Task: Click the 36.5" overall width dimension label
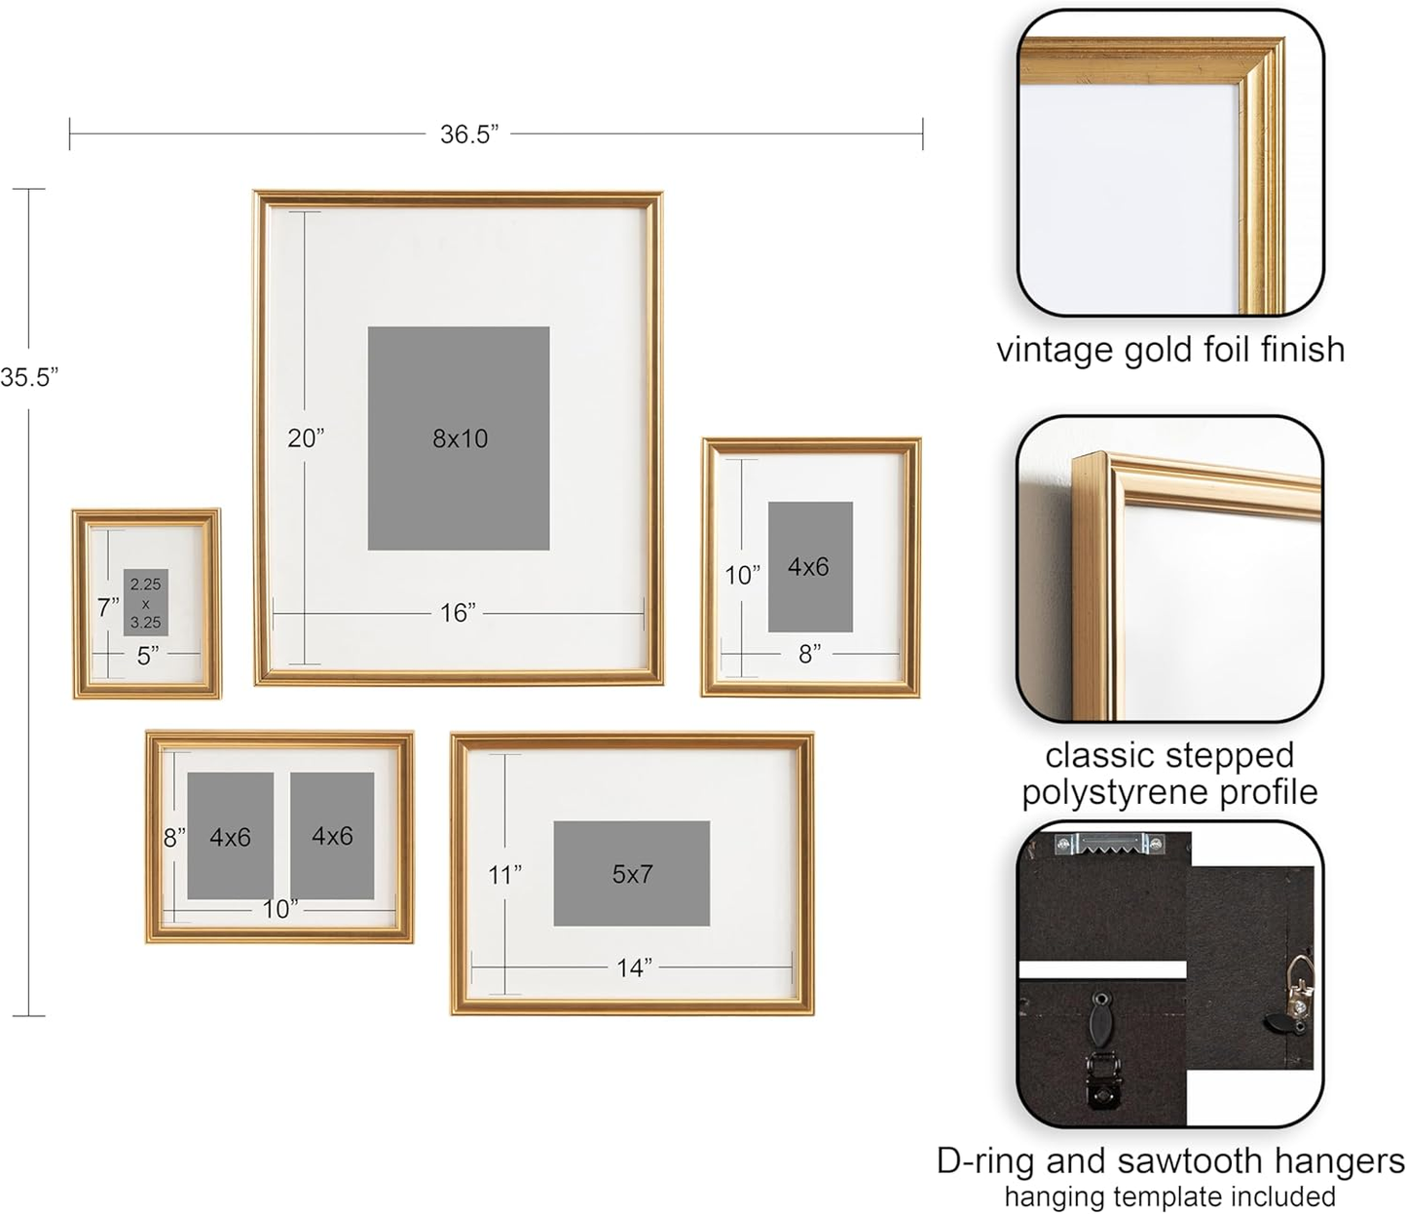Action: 468,134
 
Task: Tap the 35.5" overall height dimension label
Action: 29,378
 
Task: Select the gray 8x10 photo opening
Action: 459,438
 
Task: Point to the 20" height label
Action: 305,438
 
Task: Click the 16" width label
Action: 458,613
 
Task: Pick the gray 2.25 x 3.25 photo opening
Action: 146,602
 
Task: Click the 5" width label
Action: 148,656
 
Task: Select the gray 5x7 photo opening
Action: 632,874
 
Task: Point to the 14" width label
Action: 634,967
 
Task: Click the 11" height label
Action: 504,875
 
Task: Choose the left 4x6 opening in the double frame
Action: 230,836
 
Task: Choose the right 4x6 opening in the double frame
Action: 332,836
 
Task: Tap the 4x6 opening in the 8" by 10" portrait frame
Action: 810,567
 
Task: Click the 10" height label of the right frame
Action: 742,575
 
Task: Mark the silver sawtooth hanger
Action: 1110,844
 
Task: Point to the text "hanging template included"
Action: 1169,1196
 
